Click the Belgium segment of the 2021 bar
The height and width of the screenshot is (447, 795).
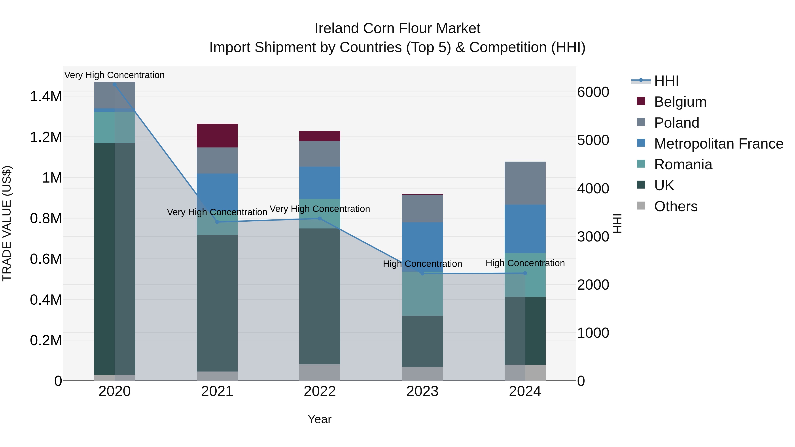coord(217,136)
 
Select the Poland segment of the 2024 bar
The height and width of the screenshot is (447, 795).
coord(525,183)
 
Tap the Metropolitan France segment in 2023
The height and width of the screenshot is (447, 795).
coord(422,247)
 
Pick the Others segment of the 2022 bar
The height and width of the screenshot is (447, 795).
coord(320,372)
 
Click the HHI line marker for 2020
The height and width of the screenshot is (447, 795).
coord(114,85)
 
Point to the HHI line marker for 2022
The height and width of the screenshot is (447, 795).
coord(320,218)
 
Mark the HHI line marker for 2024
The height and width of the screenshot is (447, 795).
coord(525,273)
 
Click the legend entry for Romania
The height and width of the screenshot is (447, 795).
coord(683,165)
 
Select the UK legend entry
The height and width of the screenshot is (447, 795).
coord(664,186)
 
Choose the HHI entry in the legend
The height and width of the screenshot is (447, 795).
coord(666,81)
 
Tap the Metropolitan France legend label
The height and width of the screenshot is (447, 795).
coord(718,144)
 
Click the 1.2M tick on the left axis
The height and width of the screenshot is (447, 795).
coord(46,137)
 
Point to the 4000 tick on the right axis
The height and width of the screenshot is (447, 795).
coord(593,189)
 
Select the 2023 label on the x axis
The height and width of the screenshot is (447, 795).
coord(422,391)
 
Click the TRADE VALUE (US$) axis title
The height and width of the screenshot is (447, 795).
coord(7,223)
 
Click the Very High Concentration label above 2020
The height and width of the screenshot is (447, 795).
coord(114,75)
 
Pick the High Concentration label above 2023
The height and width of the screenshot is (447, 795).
coord(422,264)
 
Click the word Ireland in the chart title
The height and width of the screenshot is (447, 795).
coord(336,28)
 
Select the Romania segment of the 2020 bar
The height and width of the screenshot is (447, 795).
coord(114,127)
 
